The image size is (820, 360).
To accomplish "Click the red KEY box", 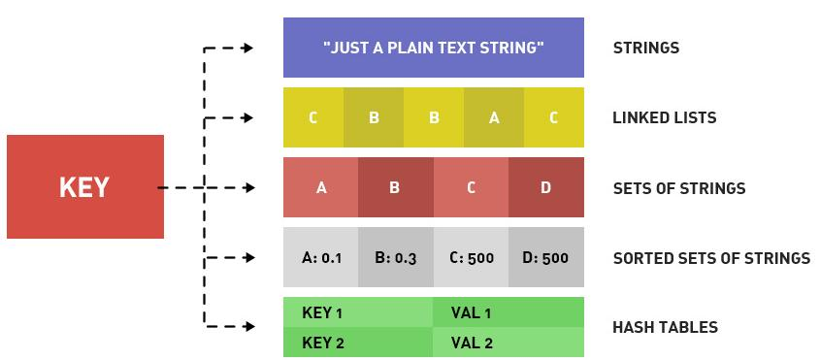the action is [85, 187].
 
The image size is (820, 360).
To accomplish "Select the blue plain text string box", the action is [434, 48].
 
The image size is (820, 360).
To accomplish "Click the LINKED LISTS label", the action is [665, 117].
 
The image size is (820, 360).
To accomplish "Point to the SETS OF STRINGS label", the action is [679, 188].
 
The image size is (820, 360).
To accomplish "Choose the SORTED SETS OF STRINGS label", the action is [711, 258].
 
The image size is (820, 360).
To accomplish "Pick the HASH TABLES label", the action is [665, 328].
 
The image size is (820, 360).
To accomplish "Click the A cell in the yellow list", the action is [494, 117].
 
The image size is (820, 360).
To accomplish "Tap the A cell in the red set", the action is [321, 187].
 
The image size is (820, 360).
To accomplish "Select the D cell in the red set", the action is [546, 187].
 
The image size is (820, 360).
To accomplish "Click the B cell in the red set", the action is [396, 187].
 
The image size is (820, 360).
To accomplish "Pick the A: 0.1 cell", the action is [321, 257].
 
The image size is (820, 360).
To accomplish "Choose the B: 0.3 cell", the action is [396, 257].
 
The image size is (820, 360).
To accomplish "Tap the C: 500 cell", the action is [471, 257].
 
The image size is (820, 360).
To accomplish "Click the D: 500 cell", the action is [546, 257].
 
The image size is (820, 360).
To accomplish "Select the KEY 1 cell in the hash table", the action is [358, 312].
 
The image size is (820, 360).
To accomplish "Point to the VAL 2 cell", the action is [508, 343].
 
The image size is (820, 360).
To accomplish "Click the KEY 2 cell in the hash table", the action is [358, 343].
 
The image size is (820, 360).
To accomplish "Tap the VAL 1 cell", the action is [508, 312].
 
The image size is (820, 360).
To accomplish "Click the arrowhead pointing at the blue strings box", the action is [247, 49].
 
